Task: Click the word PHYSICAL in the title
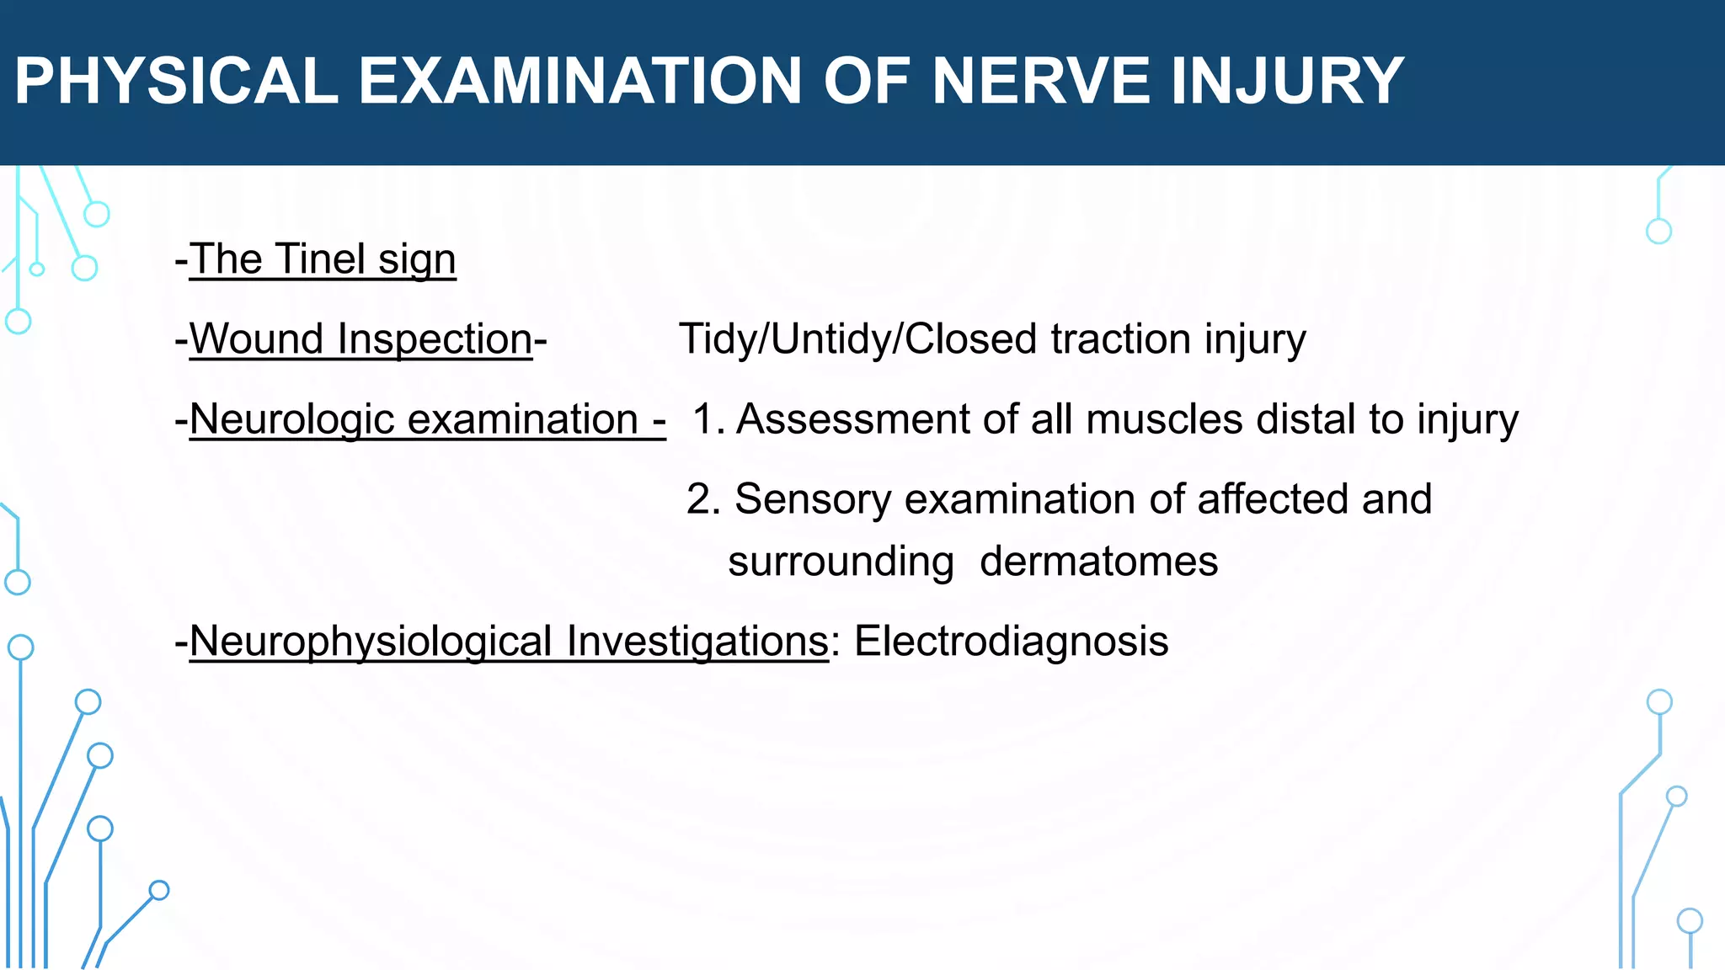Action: point(176,82)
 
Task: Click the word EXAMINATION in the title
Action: point(580,82)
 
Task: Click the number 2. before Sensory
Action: point(703,499)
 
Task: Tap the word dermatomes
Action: point(1098,562)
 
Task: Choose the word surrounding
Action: point(841,562)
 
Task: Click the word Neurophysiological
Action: point(371,642)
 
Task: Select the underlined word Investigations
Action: point(697,642)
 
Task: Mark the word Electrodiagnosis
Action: point(1011,642)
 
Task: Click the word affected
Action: point(1273,499)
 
